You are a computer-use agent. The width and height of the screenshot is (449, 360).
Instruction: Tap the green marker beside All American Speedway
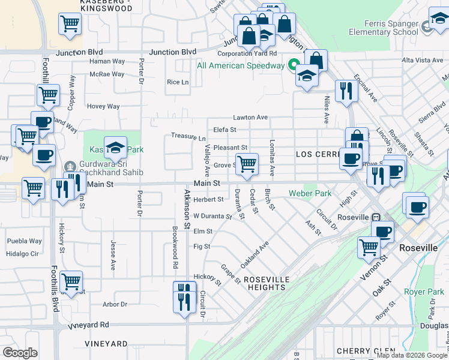[x=294, y=65]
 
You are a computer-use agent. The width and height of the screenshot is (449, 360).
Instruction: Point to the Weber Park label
[x=310, y=193]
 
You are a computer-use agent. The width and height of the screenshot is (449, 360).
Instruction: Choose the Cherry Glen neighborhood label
[x=366, y=351]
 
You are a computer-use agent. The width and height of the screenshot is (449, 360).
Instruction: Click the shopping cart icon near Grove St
[x=247, y=164]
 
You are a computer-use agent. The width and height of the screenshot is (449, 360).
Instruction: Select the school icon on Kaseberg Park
[x=115, y=147]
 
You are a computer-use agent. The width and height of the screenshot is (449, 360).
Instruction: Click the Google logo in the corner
[x=20, y=353]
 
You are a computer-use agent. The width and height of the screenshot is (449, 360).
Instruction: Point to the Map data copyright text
[x=412, y=356]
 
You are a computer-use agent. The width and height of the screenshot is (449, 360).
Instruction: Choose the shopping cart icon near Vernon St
[x=368, y=247]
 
